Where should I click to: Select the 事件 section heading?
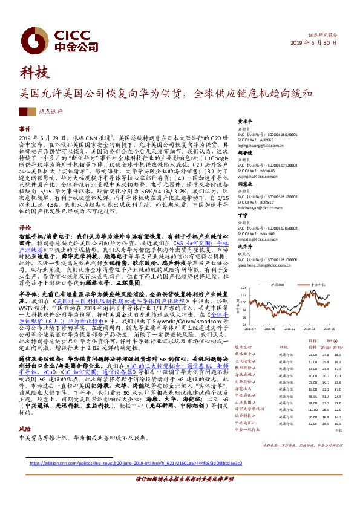click(x=25, y=129)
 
